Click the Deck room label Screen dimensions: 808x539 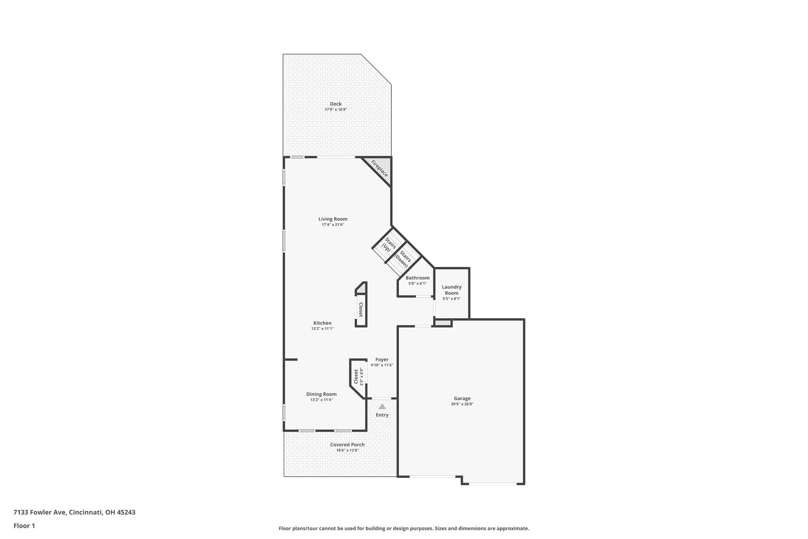[x=336, y=104]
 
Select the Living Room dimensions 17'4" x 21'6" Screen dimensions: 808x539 [x=333, y=225]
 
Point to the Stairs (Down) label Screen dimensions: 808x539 [x=403, y=259]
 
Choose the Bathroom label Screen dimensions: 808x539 [x=417, y=278]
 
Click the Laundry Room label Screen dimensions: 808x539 [x=452, y=290]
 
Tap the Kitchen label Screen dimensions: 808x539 [x=322, y=323]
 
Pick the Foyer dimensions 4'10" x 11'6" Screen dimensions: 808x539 [x=382, y=365]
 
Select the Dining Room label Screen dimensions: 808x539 [x=322, y=394]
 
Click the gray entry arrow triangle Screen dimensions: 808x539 [x=382, y=406]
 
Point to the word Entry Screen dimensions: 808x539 [x=382, y=415]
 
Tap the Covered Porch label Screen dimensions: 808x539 [x=348, y=445]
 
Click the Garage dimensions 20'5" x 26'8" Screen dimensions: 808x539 [x=462, y=404]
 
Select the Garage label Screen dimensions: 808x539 [x=462, y=398]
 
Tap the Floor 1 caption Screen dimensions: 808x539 [x=24, y=526]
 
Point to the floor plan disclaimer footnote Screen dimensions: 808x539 [x=404, y=528]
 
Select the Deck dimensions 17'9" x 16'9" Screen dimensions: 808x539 [x=336, y=109]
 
